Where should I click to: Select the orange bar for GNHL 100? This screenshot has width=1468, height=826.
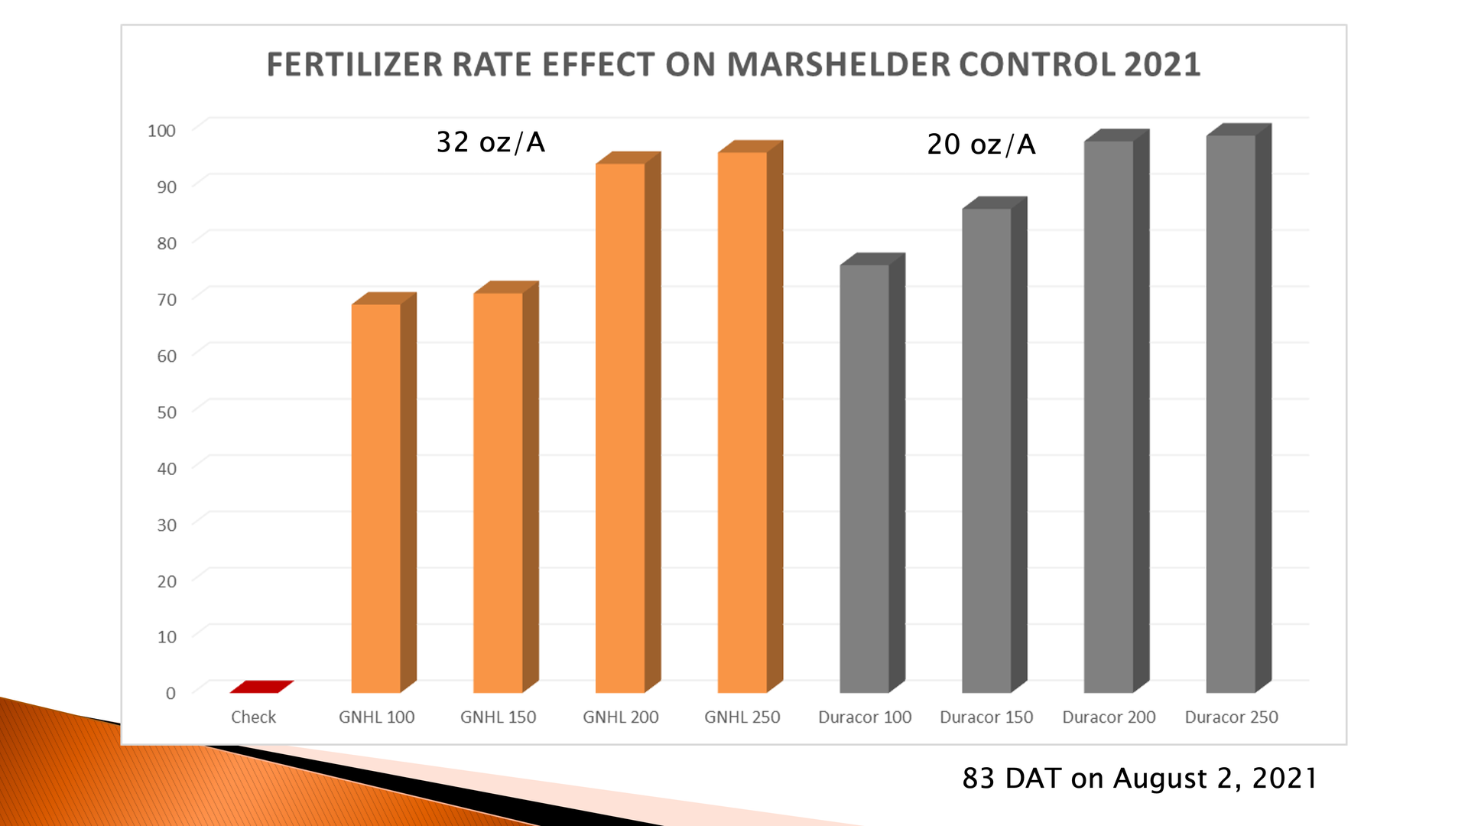[376, 497]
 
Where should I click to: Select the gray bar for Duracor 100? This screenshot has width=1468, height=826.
[865, 478]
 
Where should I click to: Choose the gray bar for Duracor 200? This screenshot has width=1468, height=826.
[1109, 416]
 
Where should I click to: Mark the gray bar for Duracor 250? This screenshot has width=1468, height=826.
[1231, 413]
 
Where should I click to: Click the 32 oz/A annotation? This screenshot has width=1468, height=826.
[490, 142]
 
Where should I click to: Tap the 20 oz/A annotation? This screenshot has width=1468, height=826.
[981, 145]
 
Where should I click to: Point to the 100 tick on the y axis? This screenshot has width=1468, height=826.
[161, 131]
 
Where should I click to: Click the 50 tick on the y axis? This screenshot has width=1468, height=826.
[166, 412]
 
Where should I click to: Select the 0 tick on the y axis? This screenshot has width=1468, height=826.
[171, 693]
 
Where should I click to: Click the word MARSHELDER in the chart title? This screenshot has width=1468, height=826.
[836, 64]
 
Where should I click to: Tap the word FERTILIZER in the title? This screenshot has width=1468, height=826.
[354, 64]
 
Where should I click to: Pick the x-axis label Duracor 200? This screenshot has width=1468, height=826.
[1109, 717]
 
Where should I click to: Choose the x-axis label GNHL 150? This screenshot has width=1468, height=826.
[499, 717]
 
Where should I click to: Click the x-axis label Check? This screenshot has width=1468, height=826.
[253, 717]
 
